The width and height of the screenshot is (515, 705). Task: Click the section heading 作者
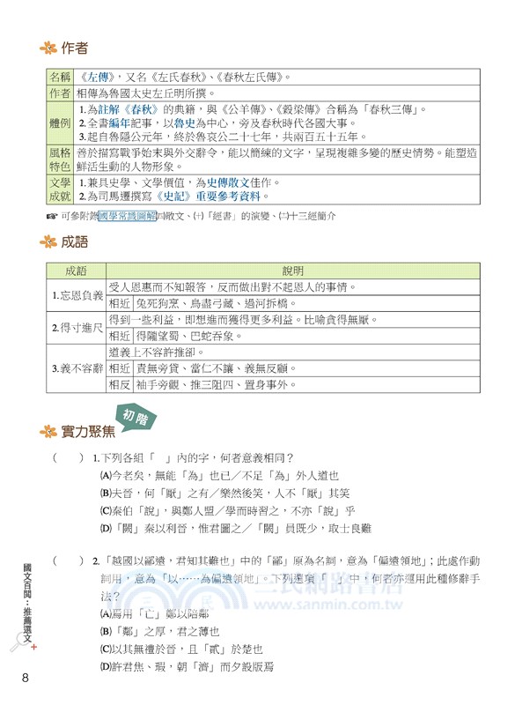(75, 48)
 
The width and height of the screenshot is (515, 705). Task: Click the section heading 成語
(75, 241)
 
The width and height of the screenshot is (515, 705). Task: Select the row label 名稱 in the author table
(59, 78)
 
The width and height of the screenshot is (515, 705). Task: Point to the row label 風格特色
(59, 160)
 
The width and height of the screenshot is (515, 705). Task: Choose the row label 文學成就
(59, 189)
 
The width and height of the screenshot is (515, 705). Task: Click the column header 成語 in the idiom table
(77, 271)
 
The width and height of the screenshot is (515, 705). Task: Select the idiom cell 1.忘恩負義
(77, 295)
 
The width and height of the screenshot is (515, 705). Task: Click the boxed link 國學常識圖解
(127, 215)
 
